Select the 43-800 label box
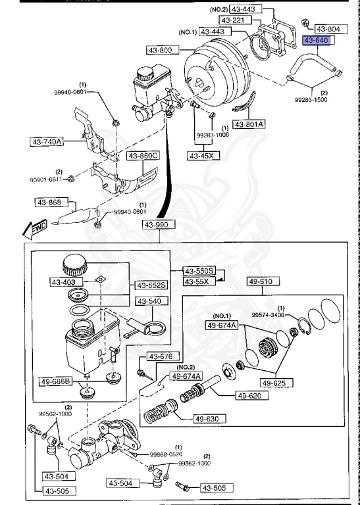pos(156,50)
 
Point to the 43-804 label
pos(328,29)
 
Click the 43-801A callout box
pos(249,124)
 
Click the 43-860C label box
pos(143,156)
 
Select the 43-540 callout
pos(149,302)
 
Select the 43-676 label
pos(159,356)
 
